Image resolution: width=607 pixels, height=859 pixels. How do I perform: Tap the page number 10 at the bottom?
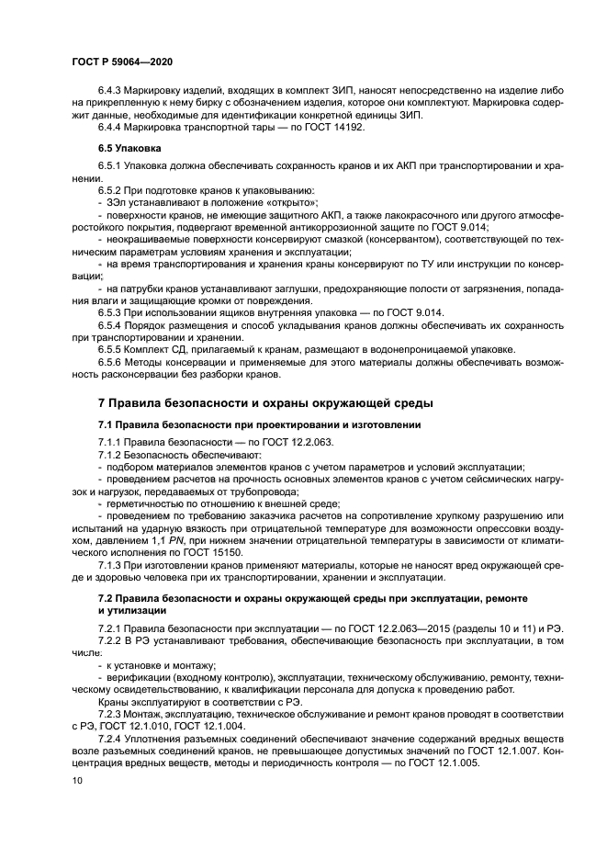point(76,780)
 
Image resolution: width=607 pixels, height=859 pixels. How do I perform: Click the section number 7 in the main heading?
point(102,402)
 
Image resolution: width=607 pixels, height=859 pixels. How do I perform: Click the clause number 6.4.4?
point(111,127)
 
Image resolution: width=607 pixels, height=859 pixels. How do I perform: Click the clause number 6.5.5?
point(111,348)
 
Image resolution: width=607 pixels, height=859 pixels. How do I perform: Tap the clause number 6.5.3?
point(111,312)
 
